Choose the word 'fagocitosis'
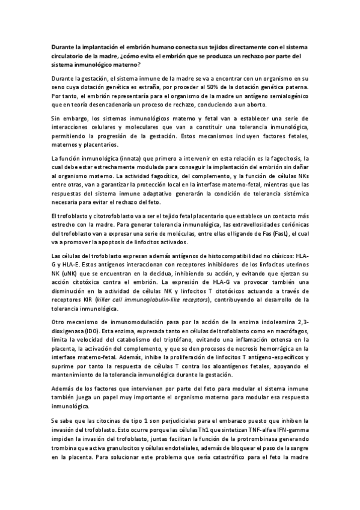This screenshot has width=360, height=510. [x=290, y=158]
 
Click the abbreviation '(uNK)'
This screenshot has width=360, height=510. [x=72, y=272]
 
